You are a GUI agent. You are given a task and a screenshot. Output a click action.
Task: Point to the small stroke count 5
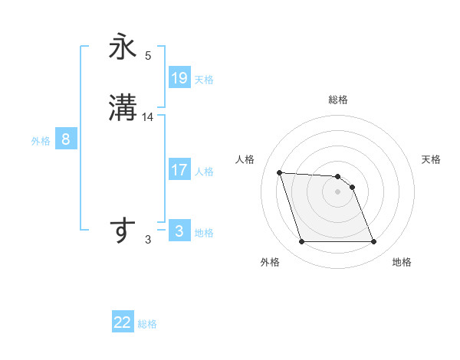[x=148, y=56]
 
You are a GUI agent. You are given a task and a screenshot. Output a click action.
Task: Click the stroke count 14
[x=148, y=117]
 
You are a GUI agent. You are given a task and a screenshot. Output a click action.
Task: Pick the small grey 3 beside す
[x=148, y=240]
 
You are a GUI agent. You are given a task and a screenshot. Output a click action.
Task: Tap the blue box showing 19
[x=179, y=78]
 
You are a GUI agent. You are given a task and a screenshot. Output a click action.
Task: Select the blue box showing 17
[x=179, y=170]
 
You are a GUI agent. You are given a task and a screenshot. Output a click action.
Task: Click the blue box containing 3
[x=179, y=231]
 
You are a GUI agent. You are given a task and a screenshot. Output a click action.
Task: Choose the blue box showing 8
[x=66, y=139]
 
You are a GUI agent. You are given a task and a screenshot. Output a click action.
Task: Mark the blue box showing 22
[x=123, y=322]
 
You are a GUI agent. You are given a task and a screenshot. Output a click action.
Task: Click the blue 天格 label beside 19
[x=204, y=80]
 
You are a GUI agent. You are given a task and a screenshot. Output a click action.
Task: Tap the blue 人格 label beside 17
[x=204, y=172]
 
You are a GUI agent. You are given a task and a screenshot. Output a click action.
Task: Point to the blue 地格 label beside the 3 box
[x=204, y=233]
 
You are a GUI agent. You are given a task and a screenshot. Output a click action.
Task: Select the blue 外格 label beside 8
[x=41, y=141]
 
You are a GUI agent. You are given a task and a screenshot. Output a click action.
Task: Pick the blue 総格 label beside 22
[x=147, y=324]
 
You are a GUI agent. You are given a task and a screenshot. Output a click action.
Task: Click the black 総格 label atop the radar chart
[x=337, y=100]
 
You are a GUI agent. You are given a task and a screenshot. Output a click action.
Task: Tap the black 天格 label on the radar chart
[x=431, y=159]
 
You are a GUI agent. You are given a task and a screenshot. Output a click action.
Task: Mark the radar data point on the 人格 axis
[x=279, y=172]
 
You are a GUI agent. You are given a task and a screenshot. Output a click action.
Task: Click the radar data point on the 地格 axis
[x=373, y=242]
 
